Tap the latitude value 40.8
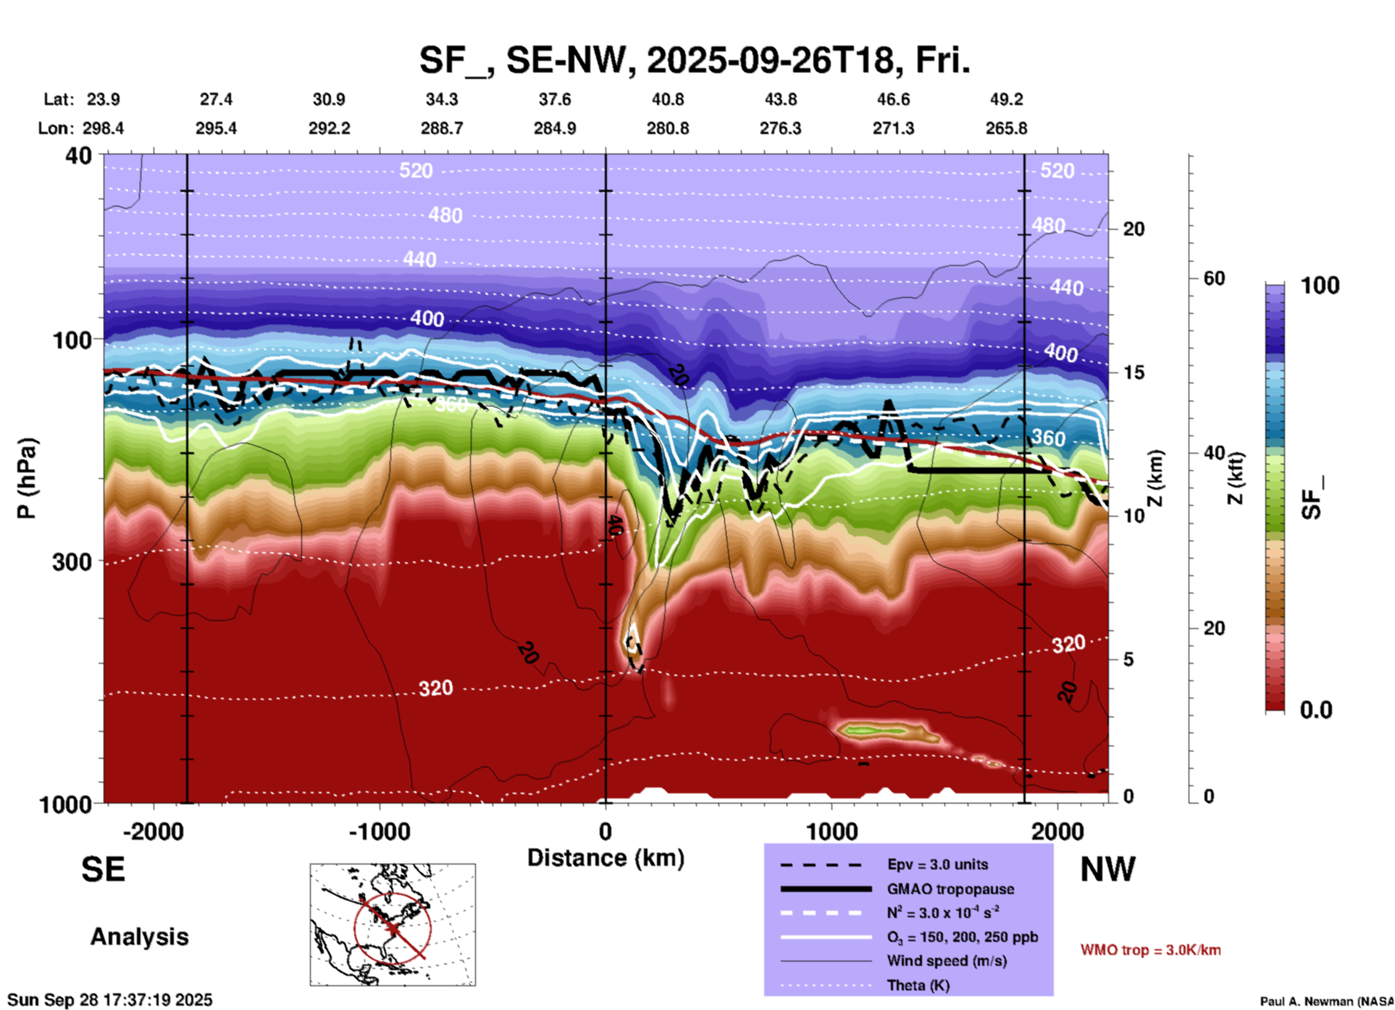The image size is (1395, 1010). tap(667, 99)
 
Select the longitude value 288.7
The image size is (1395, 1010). tap(441, 128)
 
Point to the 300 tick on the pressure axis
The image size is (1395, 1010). tap(72, 562)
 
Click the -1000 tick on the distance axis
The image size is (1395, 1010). tap(379, 831)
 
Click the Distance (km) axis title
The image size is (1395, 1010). tap(606, 858)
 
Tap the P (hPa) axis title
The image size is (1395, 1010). tap(27, 478)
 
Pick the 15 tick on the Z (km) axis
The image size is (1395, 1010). tap(1134, 372)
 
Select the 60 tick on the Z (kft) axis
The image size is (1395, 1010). tap(1214, 278)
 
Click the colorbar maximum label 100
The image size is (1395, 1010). tap(1320, 285)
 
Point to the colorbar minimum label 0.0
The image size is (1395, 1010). tap(1316, 710)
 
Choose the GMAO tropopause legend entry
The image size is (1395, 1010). tap(950, 889)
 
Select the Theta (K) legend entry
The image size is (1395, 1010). tap(918, 985)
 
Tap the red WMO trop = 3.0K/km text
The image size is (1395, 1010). tap(1150, 950)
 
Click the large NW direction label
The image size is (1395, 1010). tap(1107, 869)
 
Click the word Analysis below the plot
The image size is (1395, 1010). tap(139, 937)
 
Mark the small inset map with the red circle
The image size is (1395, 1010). tap(393, 925)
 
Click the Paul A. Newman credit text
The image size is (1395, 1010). tap(1326, 1001)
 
